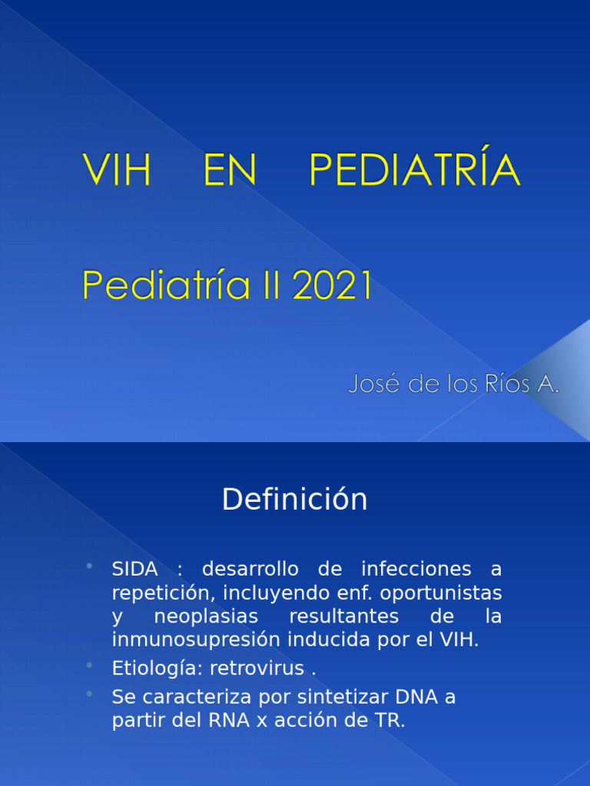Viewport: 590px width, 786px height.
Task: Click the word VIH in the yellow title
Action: pyautogui.click(x=117, y=170)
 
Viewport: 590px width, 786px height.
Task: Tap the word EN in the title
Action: pyautogui.click(x=229, y=170)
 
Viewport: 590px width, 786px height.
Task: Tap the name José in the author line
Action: pyautogui.click(x=373, y=384)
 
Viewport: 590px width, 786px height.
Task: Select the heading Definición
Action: pyautogui.click(x=295, y=500)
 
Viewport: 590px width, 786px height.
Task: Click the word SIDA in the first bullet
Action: pyautogui.click(x=135, y=569)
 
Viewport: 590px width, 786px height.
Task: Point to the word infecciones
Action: pyautogui.click(x=415, y=569)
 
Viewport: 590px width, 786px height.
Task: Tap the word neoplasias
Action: pyautogui.click(x=206, y=616)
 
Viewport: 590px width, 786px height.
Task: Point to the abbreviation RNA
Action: pyautogui.click(x=225, y=721)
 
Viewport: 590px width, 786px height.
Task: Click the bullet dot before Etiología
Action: pyautogui.click(x=90, y=665)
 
